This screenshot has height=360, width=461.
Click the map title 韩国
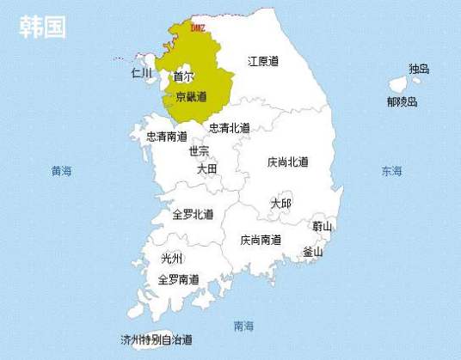pos(43,27)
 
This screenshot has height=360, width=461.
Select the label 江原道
pos(263,61)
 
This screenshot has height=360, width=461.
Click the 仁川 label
pos(141,73)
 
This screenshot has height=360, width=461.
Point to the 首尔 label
pos(183,76)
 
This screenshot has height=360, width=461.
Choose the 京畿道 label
pos(191,97)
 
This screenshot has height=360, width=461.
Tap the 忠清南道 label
pos(167,137)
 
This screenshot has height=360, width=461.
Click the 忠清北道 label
pos(230,128)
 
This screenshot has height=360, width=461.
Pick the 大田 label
pos(207,169)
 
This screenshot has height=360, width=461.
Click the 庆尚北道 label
pos(287,162)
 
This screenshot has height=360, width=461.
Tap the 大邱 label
pos(280,204)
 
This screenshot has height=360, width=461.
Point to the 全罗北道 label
pos(193,214)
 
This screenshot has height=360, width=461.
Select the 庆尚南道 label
pos(261,240)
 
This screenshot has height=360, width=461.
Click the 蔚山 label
pos(323,227)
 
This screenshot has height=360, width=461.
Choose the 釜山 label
pos(313,252)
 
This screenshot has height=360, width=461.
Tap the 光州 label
pos(172,259)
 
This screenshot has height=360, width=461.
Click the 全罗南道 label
pos(179,279)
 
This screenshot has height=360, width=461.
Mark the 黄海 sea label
pos(61,171)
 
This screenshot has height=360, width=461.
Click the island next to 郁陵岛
pos(398,84)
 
